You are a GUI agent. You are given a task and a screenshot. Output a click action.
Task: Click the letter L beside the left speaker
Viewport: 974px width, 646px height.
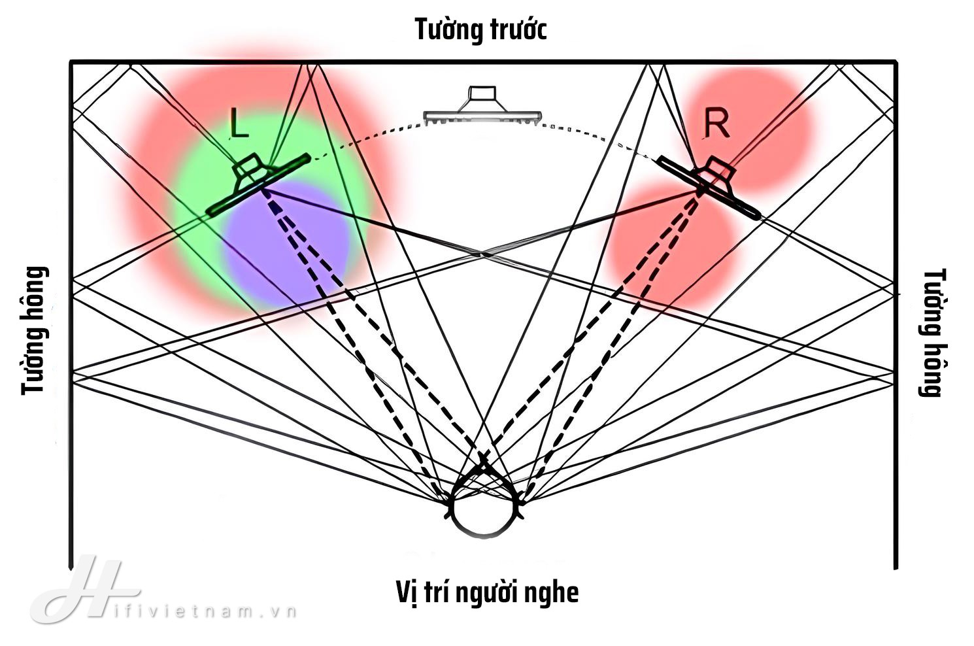pyautogui.click(x=239, y=123)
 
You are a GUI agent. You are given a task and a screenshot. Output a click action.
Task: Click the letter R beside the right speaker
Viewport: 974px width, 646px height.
pyautogui.click(x=716, y=124)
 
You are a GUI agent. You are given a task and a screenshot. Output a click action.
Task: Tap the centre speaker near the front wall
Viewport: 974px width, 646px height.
pyautogui.click(x=482, y=107)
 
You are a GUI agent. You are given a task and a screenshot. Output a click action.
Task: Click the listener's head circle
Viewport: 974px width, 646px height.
pyautogui.click(x=484, y=510)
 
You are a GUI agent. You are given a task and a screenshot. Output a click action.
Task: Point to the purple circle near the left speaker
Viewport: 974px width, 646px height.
pyautogui.click(x=288, y=245)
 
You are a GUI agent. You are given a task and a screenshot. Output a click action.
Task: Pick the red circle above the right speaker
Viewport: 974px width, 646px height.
pyautogui.click(x=765, y=124)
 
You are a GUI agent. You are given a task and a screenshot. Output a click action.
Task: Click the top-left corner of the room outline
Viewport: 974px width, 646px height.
pyautogui.click(x=71, y=62)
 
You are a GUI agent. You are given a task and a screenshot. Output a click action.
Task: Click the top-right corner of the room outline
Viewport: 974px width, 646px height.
pyautogui.click(x=896, y=62)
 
